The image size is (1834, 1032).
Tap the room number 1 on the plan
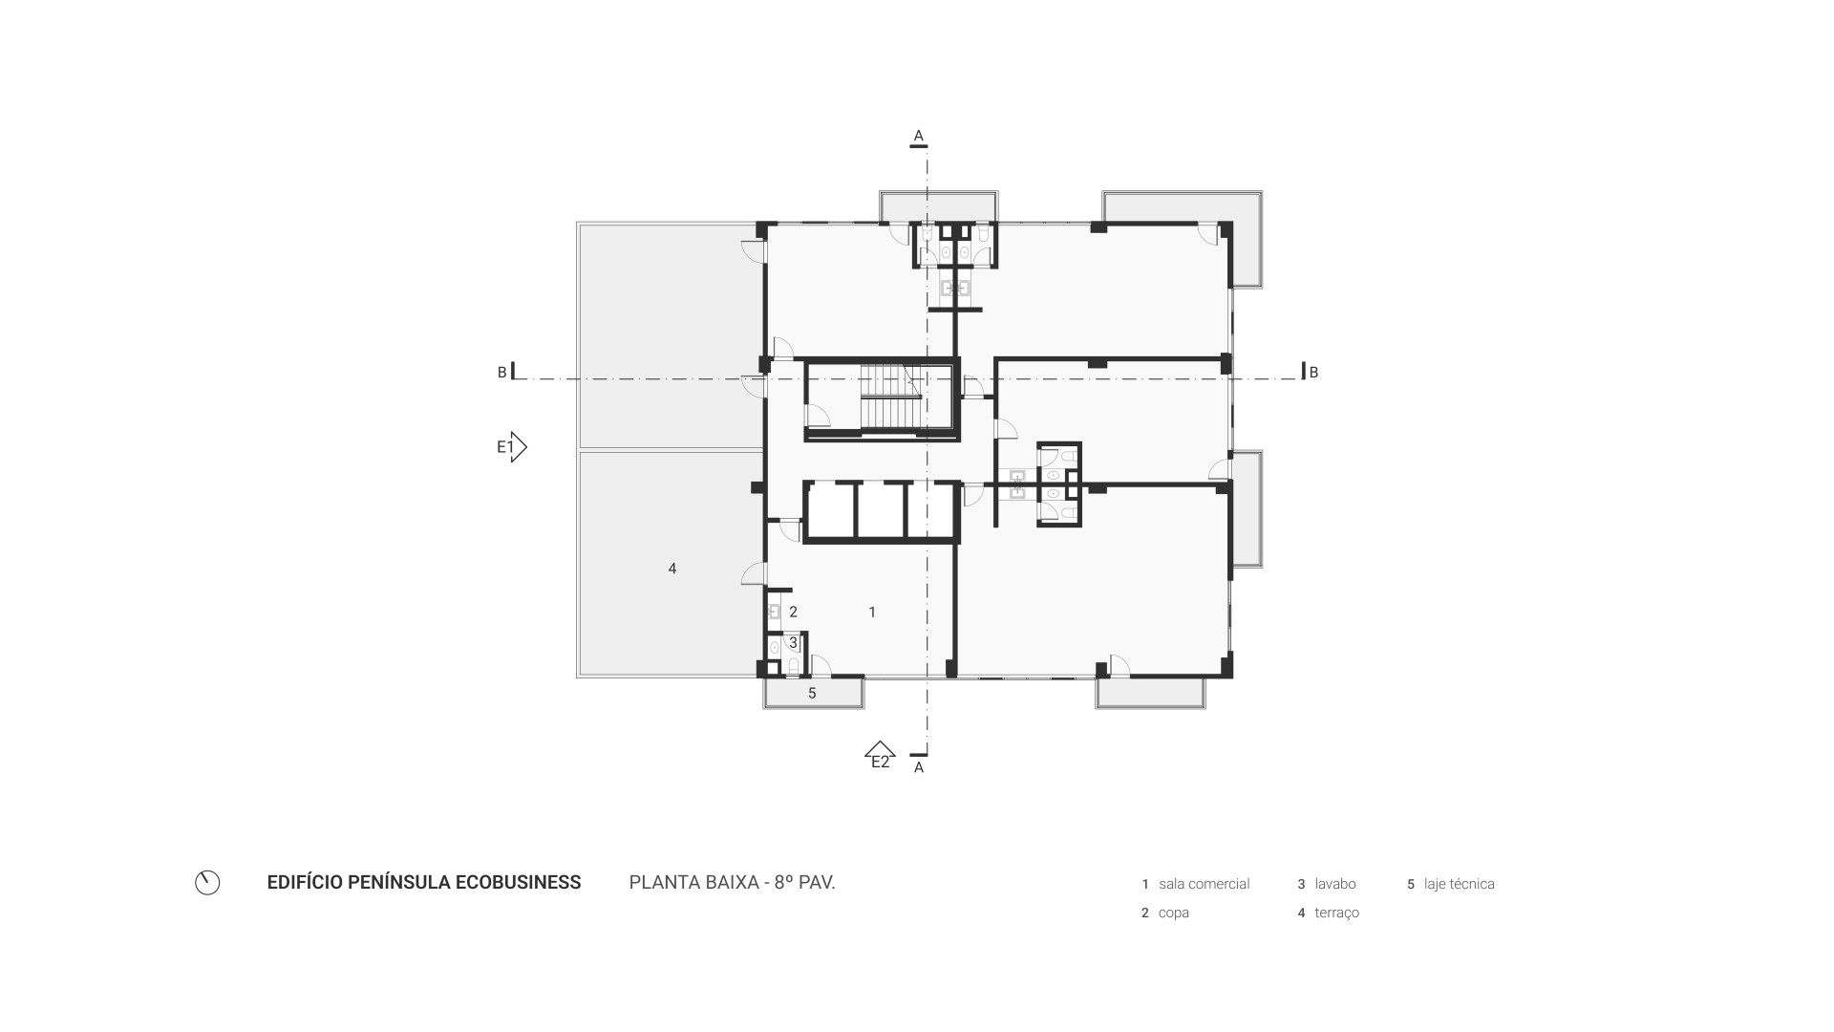(872, 612)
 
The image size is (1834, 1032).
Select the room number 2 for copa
(793, 612)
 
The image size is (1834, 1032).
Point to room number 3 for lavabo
(793, 643)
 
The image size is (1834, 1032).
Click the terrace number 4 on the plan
(672, 569)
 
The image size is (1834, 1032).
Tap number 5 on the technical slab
(812, 693)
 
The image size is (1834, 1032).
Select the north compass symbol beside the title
(207, 883)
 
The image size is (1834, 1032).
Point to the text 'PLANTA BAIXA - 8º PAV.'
(732, 882)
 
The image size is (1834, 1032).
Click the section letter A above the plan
(919, 136)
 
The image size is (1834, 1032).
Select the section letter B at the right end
(1313, 373)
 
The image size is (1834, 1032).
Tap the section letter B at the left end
(502, 373)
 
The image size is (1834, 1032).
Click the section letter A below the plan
(919, 767)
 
